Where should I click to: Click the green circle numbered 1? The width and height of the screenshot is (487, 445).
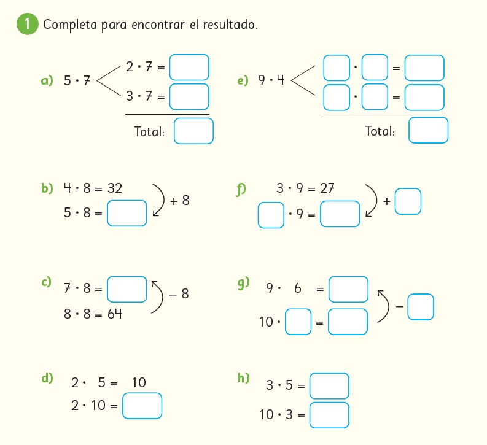(x=27, y=25)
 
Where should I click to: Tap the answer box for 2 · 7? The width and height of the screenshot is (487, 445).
(x=189, y=68)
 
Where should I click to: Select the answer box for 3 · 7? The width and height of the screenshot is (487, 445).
(x=189, y=96)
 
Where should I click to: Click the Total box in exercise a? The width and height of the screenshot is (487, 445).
(x=193, y=131)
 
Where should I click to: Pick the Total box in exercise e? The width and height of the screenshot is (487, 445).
(x=428, y=131)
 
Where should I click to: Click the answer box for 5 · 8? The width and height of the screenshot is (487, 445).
(x=127, y=214)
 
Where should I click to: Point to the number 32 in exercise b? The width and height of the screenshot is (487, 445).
(x=114, y=188)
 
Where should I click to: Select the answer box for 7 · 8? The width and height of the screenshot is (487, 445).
(x=127, y=289)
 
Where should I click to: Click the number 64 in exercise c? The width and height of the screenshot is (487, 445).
(x=114, y=314)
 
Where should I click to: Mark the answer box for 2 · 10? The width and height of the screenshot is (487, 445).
(x=142, y=406)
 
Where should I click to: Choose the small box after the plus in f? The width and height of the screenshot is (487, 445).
(x=408, y=201)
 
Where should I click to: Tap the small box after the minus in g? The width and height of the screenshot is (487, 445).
(x=420, y=307)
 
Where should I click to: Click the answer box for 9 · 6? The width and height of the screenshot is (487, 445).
(x=348, y=289)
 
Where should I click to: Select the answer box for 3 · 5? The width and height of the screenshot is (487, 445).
(x=329, y=386)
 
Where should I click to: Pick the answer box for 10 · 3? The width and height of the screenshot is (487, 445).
(x=329, y=415)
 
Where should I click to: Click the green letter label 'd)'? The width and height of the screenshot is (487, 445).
(x=47, y=378)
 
